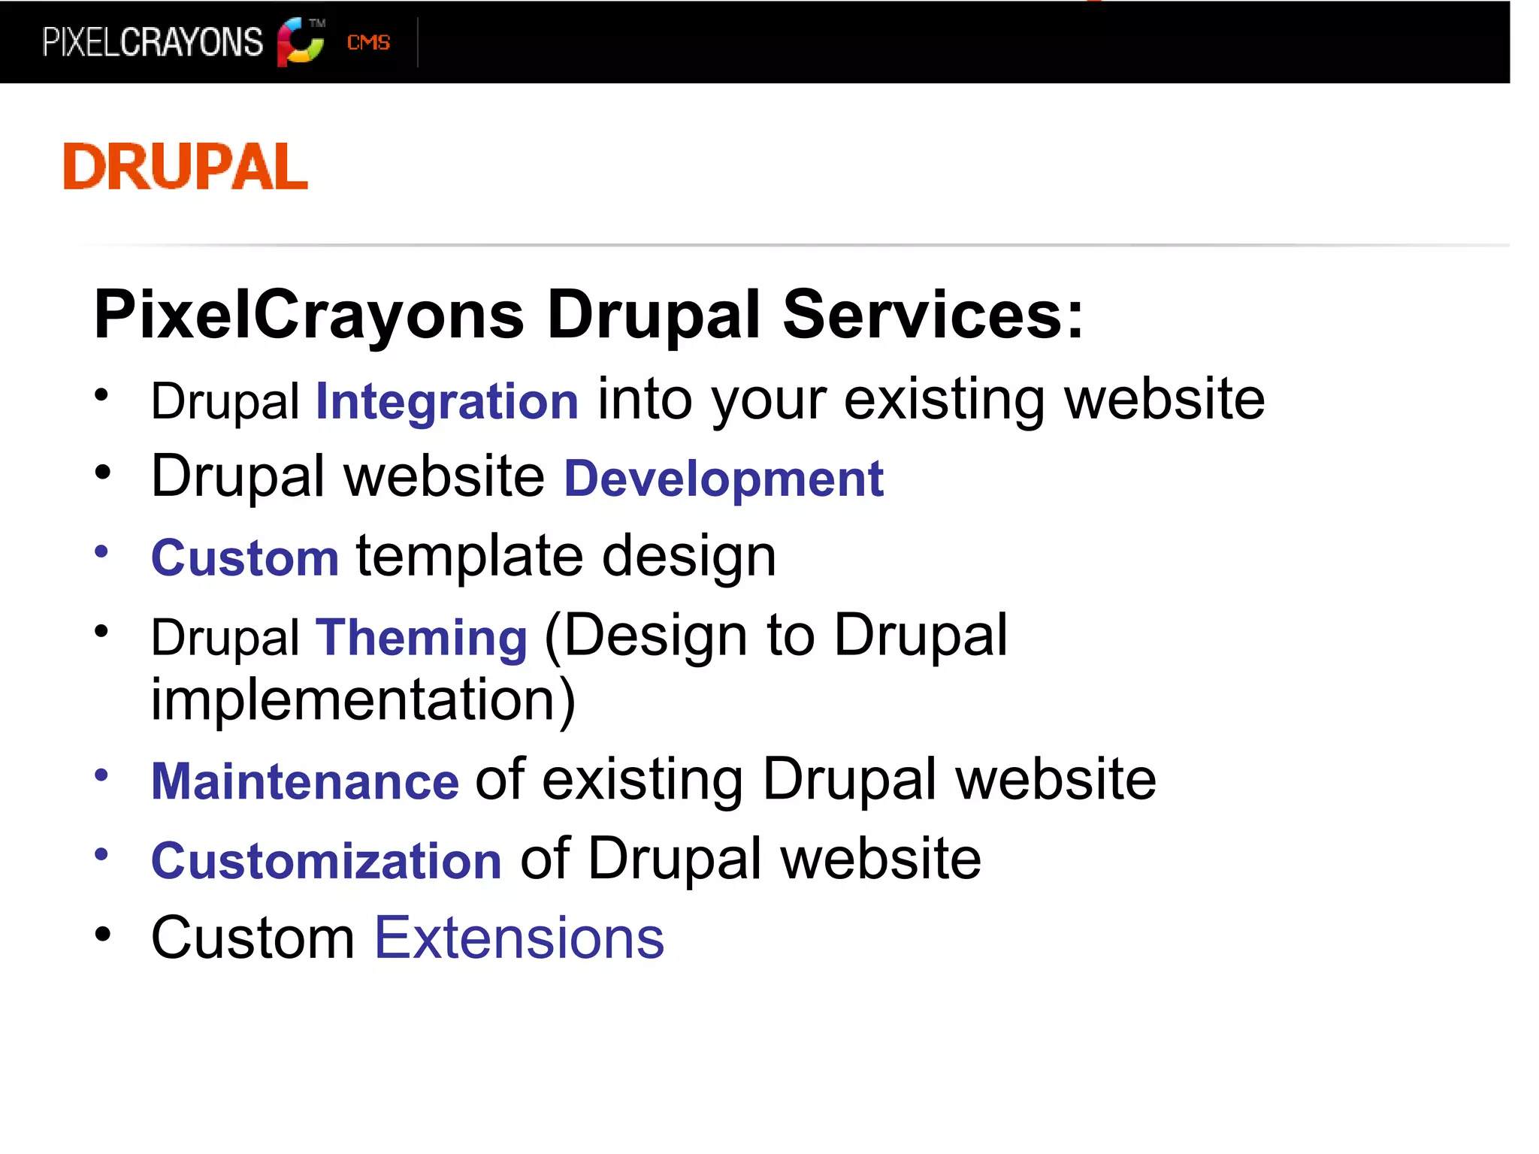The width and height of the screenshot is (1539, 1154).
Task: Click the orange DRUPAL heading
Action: [186, 166]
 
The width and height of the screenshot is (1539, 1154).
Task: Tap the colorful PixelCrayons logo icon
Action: [300, 42]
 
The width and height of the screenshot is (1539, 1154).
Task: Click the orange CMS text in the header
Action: [368, 43]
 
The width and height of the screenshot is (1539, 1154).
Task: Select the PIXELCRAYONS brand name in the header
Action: [153, 42]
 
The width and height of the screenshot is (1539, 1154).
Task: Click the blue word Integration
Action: [447, 401]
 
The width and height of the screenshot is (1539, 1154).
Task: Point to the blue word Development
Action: [724, 479]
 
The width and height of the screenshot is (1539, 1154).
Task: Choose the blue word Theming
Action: [421, 638]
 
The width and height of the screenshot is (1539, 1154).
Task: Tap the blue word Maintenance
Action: [305, 781]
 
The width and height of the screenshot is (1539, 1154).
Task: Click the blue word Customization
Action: [326, 861]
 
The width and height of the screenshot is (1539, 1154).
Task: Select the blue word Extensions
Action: [519, 938]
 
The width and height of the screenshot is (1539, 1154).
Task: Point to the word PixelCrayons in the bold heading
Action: [309, 316]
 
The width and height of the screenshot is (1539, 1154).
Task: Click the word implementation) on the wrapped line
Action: [363, 700]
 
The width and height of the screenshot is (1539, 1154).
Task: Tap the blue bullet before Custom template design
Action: [102, 552]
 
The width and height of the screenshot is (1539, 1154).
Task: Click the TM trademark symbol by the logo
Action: [317, 23]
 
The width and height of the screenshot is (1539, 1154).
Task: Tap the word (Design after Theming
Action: [645, 636]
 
